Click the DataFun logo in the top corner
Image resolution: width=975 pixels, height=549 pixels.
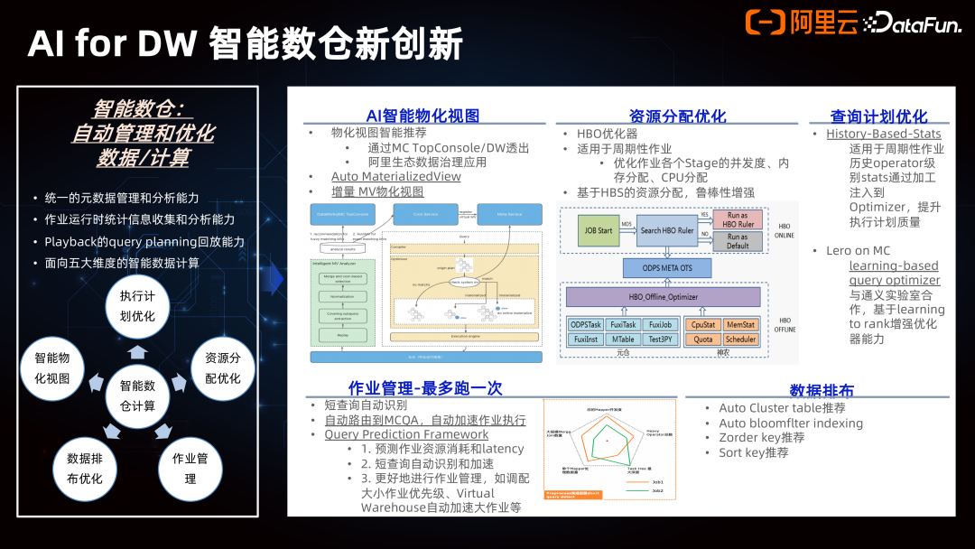[x=912, y=23]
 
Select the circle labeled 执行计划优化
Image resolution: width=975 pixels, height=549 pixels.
[x=137, y=307]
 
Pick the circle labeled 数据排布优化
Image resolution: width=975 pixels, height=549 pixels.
[x=84, y=468]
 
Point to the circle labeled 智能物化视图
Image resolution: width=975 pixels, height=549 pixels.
[x=51, y=368]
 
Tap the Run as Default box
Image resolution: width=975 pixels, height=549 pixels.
[x=737, y=241]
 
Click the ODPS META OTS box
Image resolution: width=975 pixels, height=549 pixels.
[x=667, y=268]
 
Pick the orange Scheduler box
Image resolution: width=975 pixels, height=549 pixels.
[x=740, y=340]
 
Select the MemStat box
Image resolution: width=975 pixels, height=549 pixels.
[x=740, y=325]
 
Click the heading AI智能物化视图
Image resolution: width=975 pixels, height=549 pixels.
[x=422, y=116]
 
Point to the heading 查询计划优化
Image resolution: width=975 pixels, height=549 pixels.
[x=878, y=116]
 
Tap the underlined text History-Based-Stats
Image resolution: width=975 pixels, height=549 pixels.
[x=883, y=134]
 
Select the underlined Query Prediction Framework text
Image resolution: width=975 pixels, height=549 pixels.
[x=406, y=434]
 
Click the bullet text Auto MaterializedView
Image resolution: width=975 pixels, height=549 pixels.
[x=395, y=177]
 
